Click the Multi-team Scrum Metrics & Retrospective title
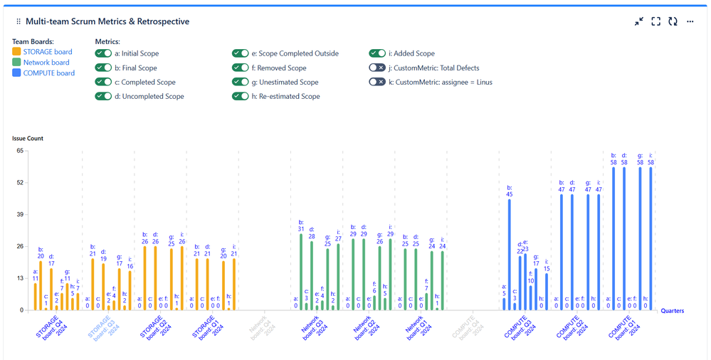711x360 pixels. pos(107,21)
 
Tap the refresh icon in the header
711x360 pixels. pos(673,21)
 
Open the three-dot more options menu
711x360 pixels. pos(690,21)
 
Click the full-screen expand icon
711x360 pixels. pos(655,21)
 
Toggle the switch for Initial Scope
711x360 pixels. pos(103,53)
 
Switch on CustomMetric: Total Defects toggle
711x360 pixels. pos(377,68)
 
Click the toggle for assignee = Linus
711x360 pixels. pos(377,82)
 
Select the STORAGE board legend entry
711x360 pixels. pos(47,52)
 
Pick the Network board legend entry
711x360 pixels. pos(46,63)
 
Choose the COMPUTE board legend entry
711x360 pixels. pos(48,73)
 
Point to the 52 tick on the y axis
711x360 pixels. pos(20,183)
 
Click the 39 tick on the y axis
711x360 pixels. pos(20,215)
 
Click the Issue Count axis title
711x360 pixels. pos(28,138)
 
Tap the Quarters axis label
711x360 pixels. pos(673,311)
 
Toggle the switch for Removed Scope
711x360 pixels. pos(241,68)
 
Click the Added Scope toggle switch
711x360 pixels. pos(377,53)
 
